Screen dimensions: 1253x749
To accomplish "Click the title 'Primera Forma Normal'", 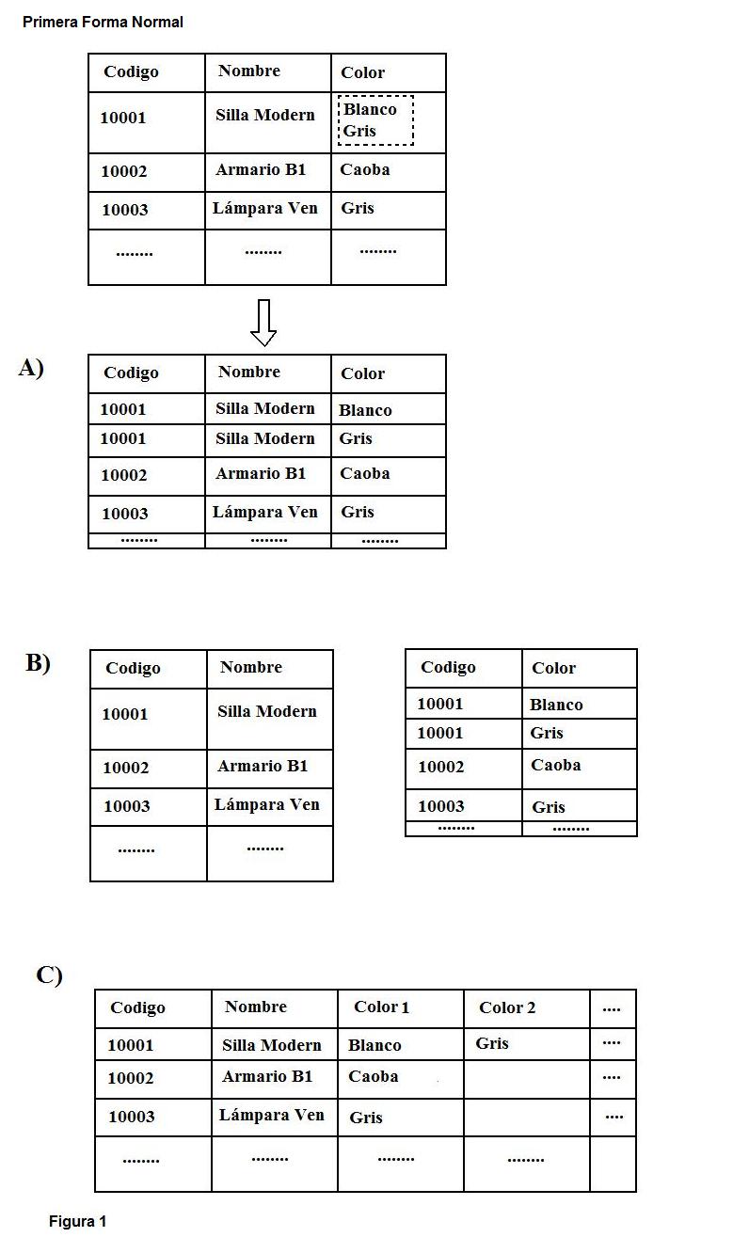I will tap(103, 22).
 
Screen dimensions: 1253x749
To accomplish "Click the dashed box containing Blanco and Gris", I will tap(375, 120).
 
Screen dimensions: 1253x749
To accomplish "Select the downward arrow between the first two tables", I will tap(263, 323).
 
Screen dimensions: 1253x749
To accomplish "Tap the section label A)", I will tap(31, 369).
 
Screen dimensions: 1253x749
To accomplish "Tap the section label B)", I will tap(38, 663).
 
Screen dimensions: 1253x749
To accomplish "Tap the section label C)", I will tap(49, 975).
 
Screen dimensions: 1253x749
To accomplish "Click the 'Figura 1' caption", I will tap(77, 1222).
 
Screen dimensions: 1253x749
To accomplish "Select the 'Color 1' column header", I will tap(381, 1007).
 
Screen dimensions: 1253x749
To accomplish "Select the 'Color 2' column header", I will tap(507, 1008).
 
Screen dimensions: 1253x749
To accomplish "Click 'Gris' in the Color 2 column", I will tap(492, 1043).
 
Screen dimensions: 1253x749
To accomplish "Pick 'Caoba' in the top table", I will tap(365, 170).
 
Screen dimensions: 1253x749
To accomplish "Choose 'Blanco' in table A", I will tap(365, 410).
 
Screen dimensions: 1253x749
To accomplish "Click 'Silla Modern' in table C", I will tap(271, 1045).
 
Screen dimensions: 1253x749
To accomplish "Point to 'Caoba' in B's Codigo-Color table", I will tap(555, 766).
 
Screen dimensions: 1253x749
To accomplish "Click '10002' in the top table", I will tap(124, 171).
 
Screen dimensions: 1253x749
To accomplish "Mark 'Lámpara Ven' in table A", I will tap(264, 513).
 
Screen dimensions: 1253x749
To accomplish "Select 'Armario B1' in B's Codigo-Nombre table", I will tap(263, 767).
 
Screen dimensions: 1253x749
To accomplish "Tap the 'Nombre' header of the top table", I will tap(249, 71).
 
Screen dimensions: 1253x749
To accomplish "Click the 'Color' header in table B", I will tap(553, 669).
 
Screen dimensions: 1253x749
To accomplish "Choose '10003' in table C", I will tap(131, 1117).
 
